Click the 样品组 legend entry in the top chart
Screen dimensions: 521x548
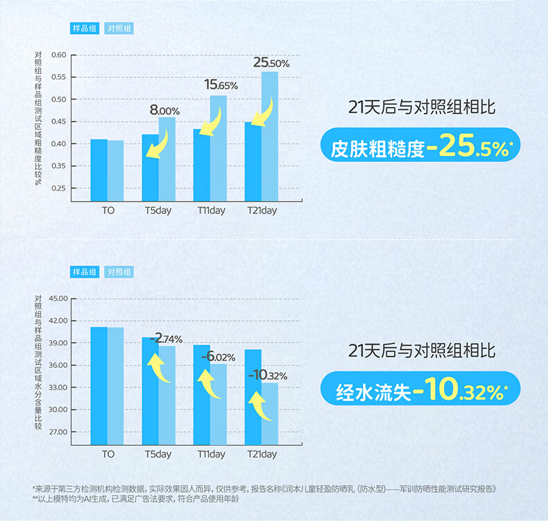click(x=85, y=28)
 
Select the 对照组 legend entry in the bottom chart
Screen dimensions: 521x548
click(x=119, y=272)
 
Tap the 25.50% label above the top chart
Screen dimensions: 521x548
click(x=271, y=63)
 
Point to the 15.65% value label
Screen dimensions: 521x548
click(x=221, y=85)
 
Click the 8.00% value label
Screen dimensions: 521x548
click(x=164, y=110)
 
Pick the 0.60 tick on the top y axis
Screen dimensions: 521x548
click(x=58, y=55)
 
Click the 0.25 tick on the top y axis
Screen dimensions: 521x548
click(x=58, y=188)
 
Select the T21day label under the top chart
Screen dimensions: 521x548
click(x=262, y=211)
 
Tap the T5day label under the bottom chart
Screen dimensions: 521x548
click(x=158, y=454)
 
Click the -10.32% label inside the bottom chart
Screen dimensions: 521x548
click(x=267, y=376)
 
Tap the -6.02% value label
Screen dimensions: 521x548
click(x=218, y=357)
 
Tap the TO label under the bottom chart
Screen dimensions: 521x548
click(x=108, y=454)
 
